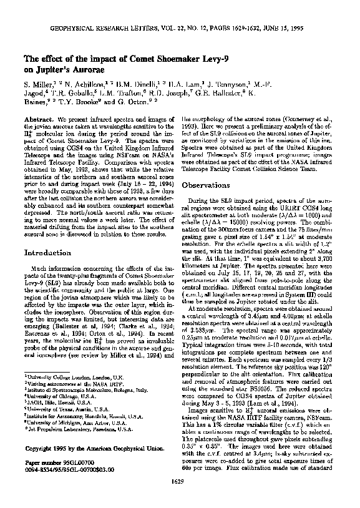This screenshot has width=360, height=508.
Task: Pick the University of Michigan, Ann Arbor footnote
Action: (67, 423)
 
